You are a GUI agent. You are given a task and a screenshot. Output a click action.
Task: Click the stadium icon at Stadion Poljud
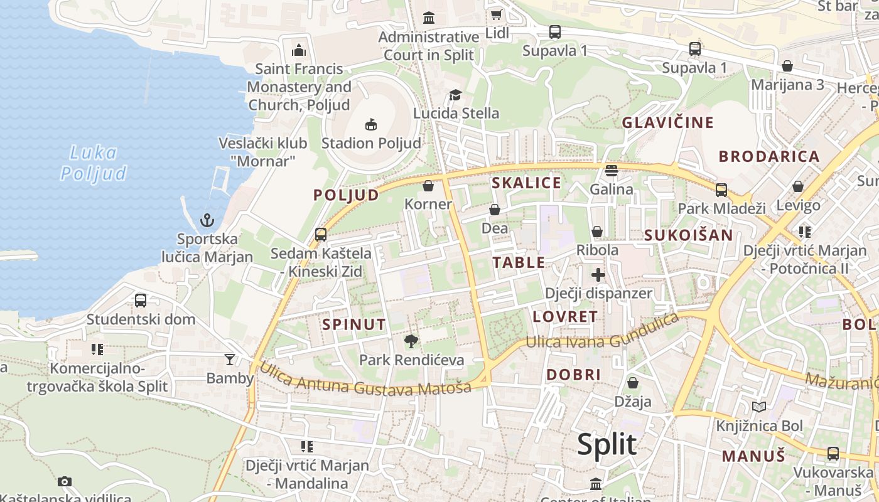371,124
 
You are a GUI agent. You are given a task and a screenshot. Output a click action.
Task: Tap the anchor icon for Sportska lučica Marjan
207,220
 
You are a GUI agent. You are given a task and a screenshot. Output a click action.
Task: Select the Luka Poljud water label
94,163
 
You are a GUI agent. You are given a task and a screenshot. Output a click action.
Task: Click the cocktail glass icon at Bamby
230,360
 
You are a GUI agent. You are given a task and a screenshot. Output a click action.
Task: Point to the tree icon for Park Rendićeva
411,341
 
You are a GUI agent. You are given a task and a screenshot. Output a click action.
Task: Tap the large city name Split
607,444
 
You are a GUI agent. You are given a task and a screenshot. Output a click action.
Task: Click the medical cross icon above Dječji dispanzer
598,274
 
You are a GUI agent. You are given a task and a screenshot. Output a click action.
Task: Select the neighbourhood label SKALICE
526,183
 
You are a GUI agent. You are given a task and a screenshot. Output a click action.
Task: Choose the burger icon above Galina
612,170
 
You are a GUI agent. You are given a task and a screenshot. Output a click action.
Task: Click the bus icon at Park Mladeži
721,190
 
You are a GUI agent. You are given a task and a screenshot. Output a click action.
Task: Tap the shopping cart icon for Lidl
497,14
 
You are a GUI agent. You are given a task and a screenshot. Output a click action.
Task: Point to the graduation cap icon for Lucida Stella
455,95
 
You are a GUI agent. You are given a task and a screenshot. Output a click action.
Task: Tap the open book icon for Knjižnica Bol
759,407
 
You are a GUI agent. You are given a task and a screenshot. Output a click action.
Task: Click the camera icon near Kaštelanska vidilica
65,481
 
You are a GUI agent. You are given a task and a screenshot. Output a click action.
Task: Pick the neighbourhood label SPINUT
353,324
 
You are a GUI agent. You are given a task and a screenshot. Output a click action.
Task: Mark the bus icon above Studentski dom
141,301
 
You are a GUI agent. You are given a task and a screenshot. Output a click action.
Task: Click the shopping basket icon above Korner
428,186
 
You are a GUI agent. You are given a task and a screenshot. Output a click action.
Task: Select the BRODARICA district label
769,156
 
